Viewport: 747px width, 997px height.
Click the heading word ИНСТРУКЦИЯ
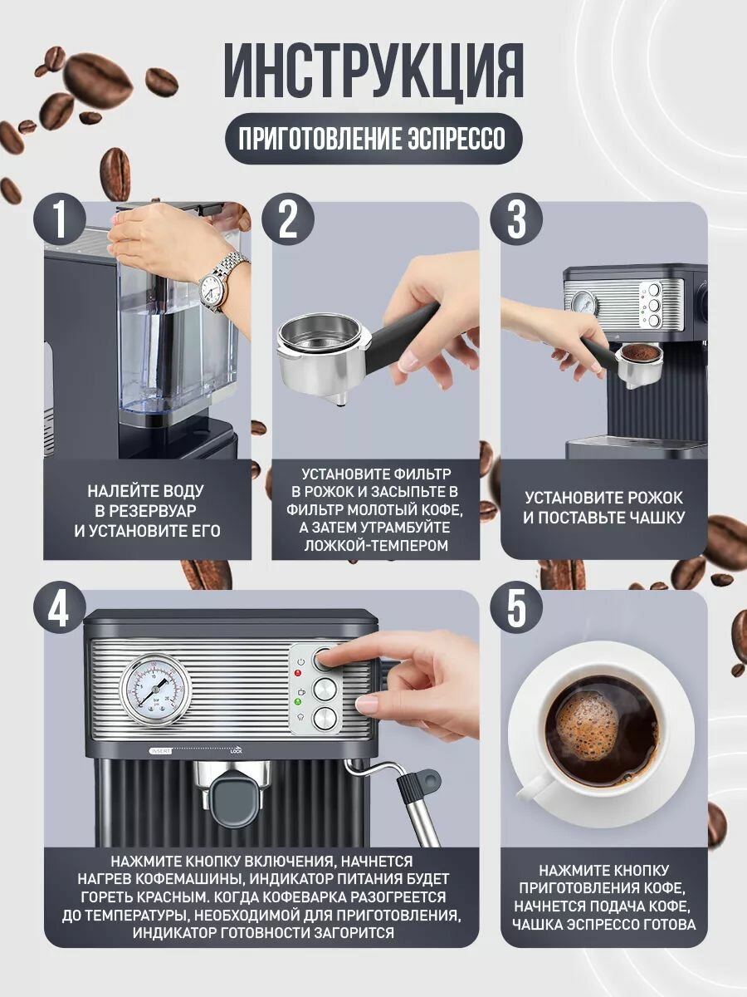click(373, 71)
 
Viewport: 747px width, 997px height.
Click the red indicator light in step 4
click(299, 673)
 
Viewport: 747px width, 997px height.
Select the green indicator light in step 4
click(297, 701)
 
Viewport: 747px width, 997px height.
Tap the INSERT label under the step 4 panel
click(160, 751)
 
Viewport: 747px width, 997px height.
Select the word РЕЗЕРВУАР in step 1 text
click(146, 510)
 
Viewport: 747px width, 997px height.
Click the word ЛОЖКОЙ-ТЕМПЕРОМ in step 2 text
click(376, 545)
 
